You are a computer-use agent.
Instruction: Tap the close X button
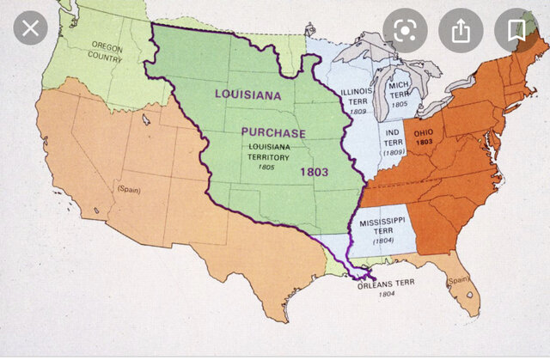(x=31, y=31)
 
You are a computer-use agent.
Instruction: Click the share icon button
(x=461, y=31)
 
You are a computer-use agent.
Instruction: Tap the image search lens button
(x=405, y=31)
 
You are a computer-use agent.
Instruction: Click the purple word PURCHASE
(x=272, y=133)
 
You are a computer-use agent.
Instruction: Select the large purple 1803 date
(x=315, y=172)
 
